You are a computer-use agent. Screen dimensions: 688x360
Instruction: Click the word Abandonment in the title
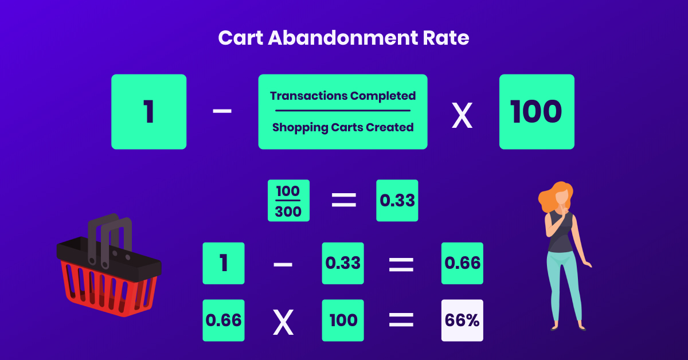[343, 38]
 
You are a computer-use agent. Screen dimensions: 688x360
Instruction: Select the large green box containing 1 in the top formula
[149, 112]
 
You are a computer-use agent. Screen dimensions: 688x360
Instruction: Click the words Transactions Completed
[343, 96]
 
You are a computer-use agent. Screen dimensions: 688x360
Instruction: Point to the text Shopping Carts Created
[343, 127]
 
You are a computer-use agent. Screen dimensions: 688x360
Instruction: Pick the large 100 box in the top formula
[537, 112]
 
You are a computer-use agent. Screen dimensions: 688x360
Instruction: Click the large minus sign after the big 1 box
[222, 111]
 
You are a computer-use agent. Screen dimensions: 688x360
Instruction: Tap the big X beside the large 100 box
[462, 115]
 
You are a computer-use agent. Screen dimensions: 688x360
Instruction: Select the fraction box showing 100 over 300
[289, 201]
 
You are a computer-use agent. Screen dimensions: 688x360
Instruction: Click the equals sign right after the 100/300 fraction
[344, 200]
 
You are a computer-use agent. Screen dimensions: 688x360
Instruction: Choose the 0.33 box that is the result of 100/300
[397, 201]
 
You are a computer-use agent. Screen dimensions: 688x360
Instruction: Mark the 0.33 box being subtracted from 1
[343, 263]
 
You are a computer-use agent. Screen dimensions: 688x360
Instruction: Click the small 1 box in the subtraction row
[224, 263]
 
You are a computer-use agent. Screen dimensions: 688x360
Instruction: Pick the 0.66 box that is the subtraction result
[462, 263]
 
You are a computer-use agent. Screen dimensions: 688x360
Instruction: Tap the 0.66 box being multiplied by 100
[224, 320]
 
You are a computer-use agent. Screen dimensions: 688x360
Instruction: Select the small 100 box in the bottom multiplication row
[343, 320]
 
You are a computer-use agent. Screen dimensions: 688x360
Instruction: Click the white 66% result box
[462, 320]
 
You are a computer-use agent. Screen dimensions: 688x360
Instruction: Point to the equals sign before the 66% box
[401, 320]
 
